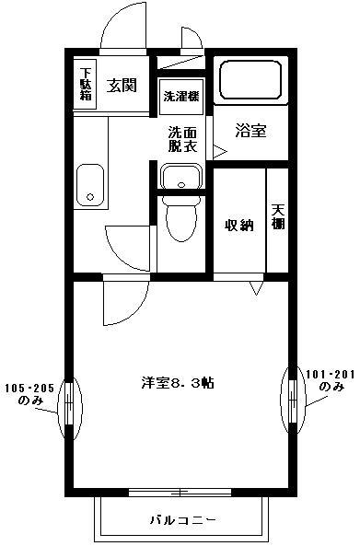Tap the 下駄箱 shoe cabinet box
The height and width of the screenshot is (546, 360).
86,85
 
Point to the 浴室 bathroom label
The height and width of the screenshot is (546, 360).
251,131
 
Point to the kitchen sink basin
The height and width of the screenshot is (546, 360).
89,183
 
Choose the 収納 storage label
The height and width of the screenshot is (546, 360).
239,226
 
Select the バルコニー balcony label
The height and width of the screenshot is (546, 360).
182,519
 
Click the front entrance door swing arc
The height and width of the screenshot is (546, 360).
120,26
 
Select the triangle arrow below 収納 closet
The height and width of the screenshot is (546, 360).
255,288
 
